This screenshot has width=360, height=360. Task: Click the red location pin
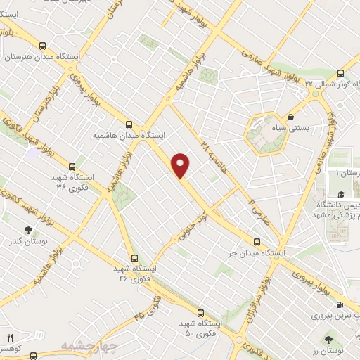[x=181, y=165]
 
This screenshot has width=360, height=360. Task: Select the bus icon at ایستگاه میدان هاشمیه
[x=129, y=122]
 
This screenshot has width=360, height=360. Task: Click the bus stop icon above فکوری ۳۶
[x=62, y=168]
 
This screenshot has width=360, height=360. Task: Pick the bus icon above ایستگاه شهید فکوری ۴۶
[x=134, y=258]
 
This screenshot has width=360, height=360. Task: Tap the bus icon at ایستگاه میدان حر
[x=256, y=240]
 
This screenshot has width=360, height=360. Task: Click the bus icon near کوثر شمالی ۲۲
[x=341, y=73]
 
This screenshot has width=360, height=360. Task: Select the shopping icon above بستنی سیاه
[x=291, y=118]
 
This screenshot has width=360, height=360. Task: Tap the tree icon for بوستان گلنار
[x=27, y=230]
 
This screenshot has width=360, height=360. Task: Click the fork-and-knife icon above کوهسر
[x=10, y=338]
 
